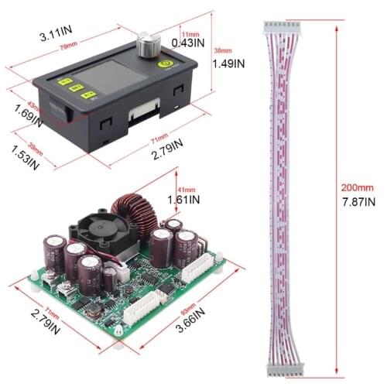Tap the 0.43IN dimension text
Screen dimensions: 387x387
187,43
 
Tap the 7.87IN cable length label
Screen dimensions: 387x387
356,202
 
